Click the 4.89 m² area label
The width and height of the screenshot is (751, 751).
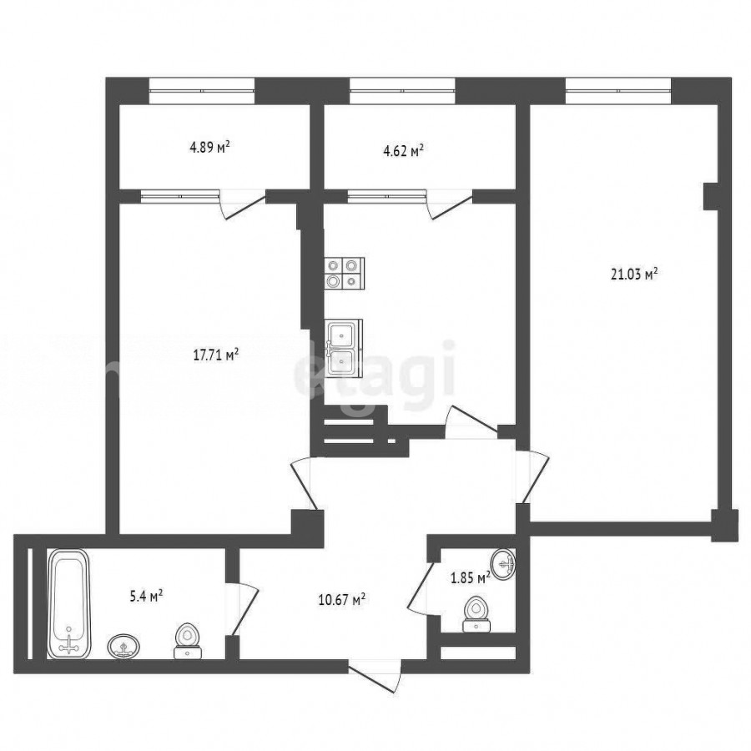pos(209,147)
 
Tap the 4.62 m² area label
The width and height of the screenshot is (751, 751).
pos(403,151)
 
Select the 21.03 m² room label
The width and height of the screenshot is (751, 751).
pos(634,275)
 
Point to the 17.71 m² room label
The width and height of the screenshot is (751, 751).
pos(216,355)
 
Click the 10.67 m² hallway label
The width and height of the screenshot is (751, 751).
pos(342,600)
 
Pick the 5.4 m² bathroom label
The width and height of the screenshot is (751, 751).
pos(147,597)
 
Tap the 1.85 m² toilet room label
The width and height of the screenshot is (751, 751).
pos(471,577)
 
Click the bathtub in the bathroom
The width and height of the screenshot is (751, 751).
pos(69,603)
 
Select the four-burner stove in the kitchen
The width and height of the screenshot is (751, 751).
pos(345,274)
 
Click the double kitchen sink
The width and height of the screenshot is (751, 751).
pos(344,347)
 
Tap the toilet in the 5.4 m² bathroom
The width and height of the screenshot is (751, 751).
pos(187,642)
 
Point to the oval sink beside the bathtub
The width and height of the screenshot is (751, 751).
pos(125,647)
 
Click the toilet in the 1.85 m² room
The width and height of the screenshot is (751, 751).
pos(476,614)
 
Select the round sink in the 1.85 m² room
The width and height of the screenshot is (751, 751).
pos(503,565)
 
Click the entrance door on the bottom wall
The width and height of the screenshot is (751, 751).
pos(375,675)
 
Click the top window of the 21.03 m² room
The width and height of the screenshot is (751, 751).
pos(618,90)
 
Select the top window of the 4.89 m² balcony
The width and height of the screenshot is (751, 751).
pos(202,90)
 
